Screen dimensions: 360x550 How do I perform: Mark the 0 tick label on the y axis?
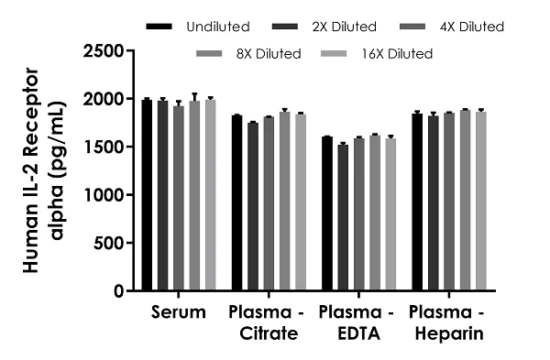pyautogui.click(x=124, y=291)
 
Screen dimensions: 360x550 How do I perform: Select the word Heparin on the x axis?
pyautogui.click(x=447, y=334)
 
